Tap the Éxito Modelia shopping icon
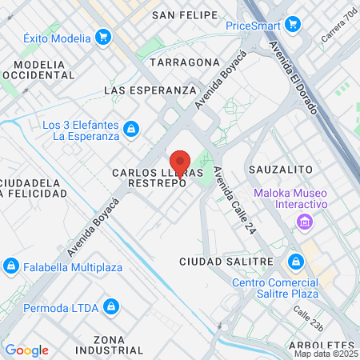tap(102, 36)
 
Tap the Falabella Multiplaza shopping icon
tap(11, 266)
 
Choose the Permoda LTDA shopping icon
tap(112, 306)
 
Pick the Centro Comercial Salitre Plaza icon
tap(296, 262)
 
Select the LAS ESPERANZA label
tap(150, 90)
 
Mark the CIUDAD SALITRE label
tap(218, 262)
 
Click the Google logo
tap(26, 350)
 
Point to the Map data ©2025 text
tap(325, 354)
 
